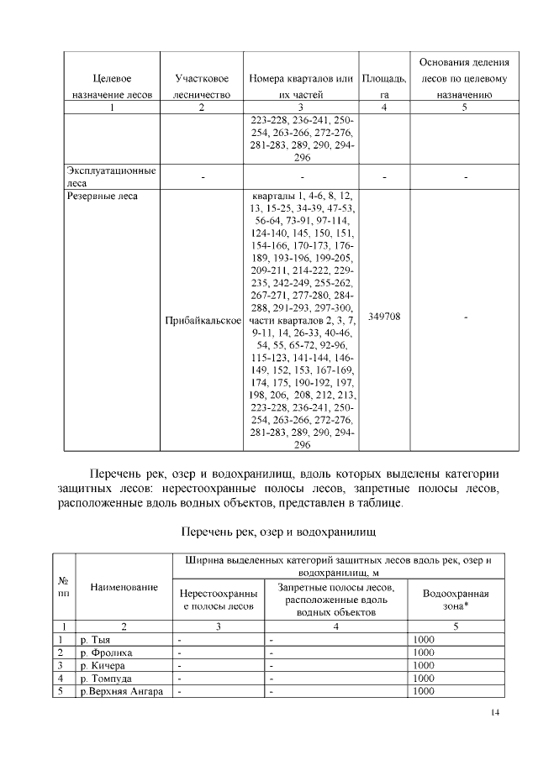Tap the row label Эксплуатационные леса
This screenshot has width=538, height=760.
pos(111,176)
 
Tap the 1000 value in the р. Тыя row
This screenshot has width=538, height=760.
pos(424,639)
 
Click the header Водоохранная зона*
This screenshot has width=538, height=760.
pos(456,599)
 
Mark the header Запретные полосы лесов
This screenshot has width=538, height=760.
pos(335,599)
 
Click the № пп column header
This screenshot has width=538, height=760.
pos(64,585)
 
